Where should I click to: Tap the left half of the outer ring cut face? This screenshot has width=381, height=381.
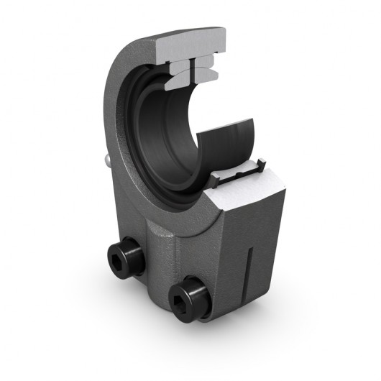tap(179, 67)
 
